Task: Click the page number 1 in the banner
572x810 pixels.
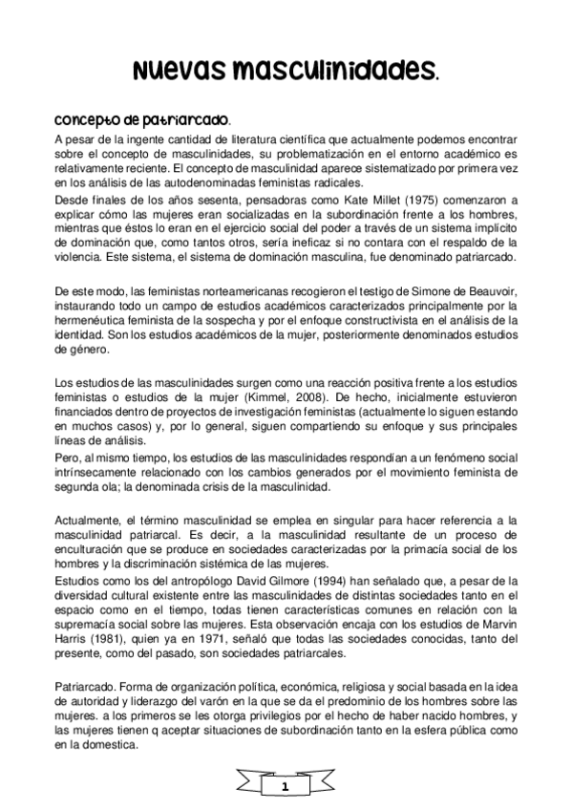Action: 286,785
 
